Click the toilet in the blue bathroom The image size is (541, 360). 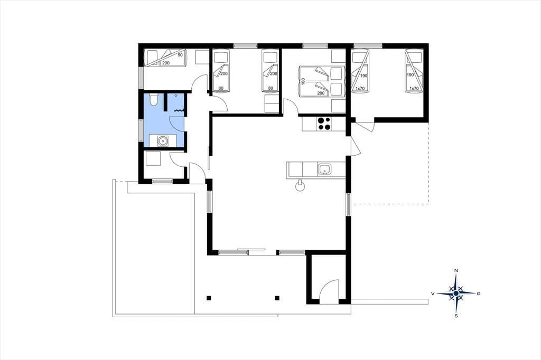[154, 99]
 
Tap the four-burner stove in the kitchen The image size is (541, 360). [324, 124]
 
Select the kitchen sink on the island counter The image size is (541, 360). [324, 169]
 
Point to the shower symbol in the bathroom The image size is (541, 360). [179, 111]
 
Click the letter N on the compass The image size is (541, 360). [456, 271]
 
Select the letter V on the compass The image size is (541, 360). [432, 293]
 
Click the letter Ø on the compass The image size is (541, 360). [478, 293]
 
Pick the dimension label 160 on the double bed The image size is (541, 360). [303, 82]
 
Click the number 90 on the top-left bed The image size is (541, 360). [180, 55]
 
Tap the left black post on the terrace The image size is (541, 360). [208, 298]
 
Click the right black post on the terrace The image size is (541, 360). [277, 298]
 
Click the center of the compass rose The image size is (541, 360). [456, 293]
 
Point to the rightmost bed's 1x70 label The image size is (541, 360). [414, 88]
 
